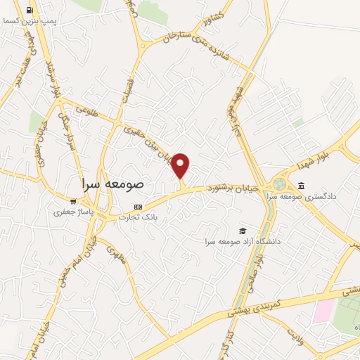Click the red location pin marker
pos(181,165)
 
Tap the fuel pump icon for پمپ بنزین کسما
pos(29,11)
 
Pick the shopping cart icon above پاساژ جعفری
pos(73,200)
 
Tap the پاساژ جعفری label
pos(73,210)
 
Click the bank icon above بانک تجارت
pos(138,207)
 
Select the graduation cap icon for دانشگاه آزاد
pos(243,231)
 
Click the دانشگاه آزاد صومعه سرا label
pos(243,241)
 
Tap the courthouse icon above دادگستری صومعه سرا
pos(302,185)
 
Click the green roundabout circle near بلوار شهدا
pos(280,184)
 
